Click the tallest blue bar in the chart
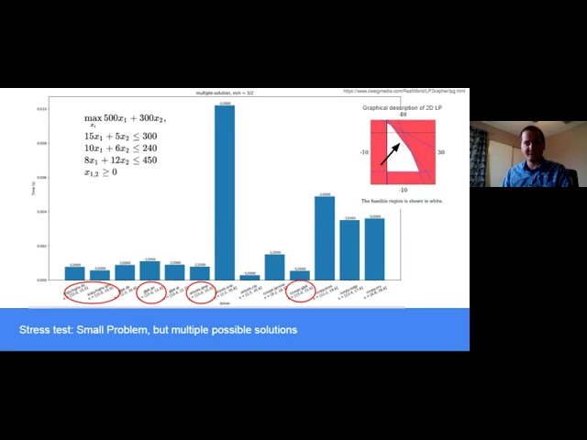pyautogui.click(x=224, y=192)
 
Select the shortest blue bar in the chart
pyautogui.click(x=249, y=277)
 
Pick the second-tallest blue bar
pyautogui.click(x=324, y=236)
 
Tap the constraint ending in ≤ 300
pyautogui.click(x=120, y=136)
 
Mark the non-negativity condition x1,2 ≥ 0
pyautogui.click(x=101, y=171)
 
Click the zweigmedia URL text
pyautogui.click(x=404, y=92)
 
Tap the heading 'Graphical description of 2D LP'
pyautogui.click(x=403, y=107)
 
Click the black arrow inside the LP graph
pyautogui.click(x=390, y=152)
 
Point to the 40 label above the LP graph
pyautogui.click(x=404, y=115)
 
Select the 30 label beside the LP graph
pyautogui.click(x=441, y=152)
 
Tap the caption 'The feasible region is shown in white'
pyautogui.click(x=403, y=201)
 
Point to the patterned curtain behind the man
pyautogui.click(x=479, y=156)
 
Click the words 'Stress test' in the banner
pyautogui.click(x=45, y=330)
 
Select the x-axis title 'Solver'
pyautogui.click(x=224, y=303)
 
